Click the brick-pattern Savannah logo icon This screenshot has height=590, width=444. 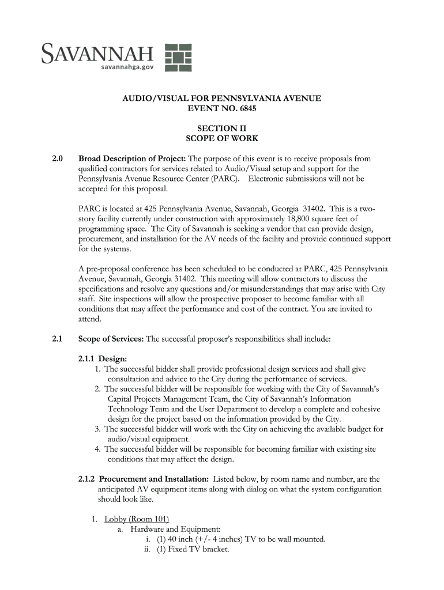point(179,57)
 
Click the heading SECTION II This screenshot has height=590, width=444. point(221,128)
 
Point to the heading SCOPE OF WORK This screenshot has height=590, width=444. point(221,139)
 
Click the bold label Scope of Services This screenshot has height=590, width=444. point(111,339)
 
